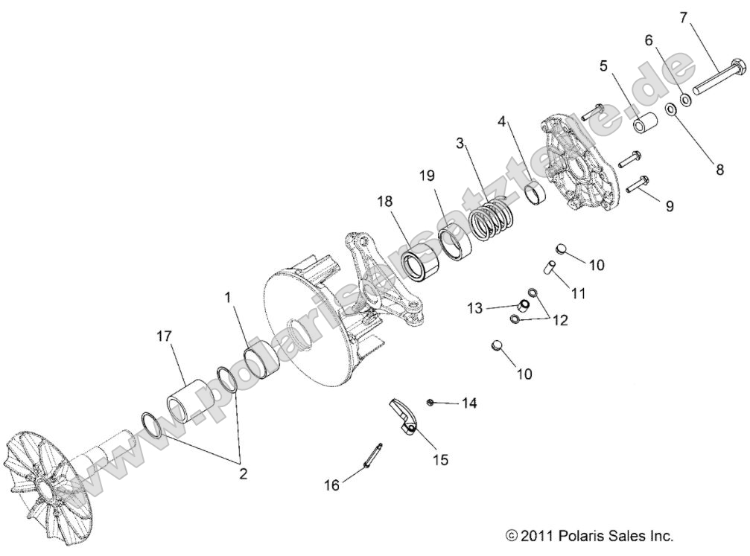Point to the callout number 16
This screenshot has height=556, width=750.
pyautogui.click(x=331, y=485)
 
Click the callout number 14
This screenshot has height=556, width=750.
pyautogui.click(x=468, y=403)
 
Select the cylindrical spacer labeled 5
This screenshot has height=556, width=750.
pyautogui.click(x=645, y=123)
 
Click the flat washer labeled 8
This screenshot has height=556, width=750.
pyautogui.click(x=670, y=110)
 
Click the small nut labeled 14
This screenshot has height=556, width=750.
pyautogui.click(x=431, y=402)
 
